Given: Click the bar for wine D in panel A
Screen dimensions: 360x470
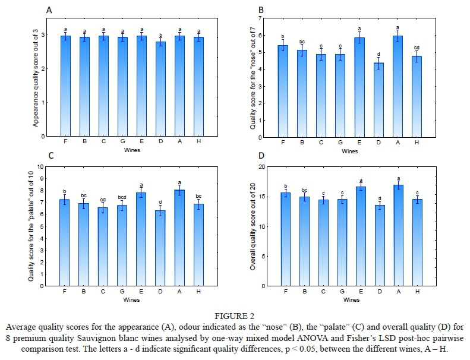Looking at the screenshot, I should [161, 89].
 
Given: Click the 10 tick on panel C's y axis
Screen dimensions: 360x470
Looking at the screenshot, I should [41, 166].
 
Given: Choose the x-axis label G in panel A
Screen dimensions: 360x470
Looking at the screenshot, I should [122, 142].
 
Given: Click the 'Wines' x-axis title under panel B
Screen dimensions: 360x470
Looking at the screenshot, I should [350, 151].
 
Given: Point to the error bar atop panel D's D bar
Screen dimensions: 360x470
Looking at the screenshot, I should [378, 206].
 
